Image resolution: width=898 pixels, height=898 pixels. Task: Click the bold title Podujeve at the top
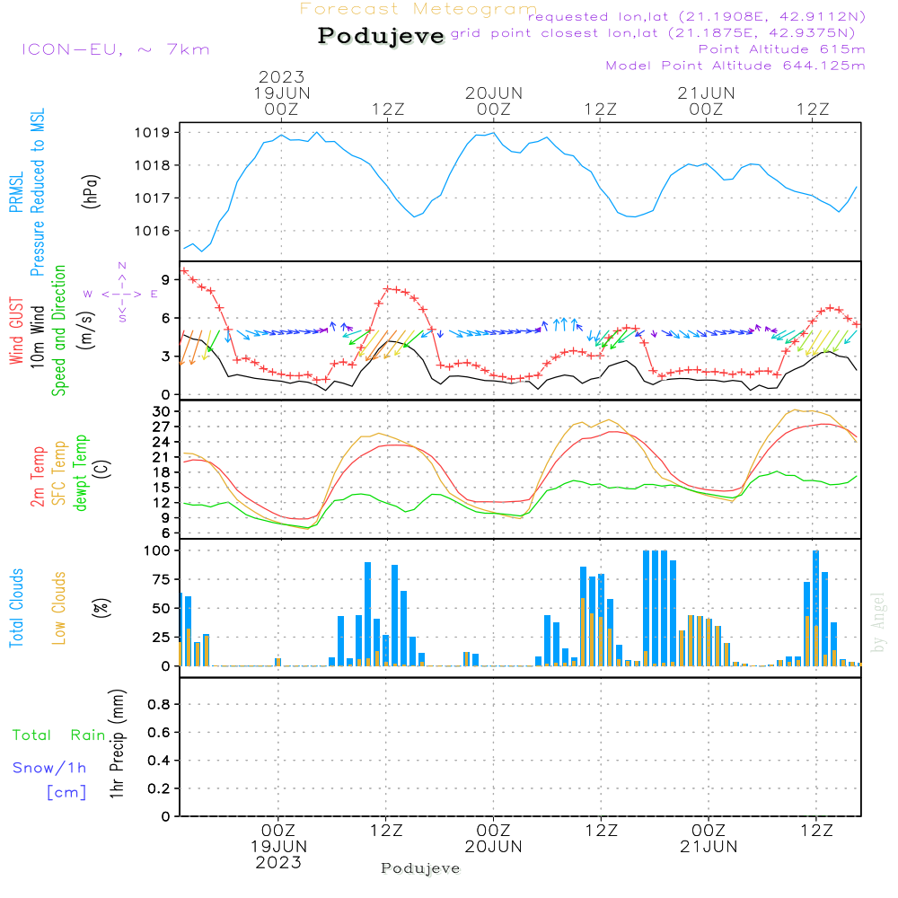pos(381,36)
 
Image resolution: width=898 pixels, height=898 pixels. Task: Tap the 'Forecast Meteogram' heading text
pos(418,9)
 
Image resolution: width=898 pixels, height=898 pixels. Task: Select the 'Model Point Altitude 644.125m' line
pos(735,66)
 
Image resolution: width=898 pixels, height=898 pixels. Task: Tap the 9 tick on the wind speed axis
pos(165,279)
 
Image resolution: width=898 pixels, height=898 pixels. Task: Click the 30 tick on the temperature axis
pos(162,411)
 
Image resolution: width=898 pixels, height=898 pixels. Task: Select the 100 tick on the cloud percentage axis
pos(158,550)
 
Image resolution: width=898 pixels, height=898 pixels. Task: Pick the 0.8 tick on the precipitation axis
pos(158,705)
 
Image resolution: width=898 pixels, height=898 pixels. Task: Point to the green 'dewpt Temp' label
pos(82,472)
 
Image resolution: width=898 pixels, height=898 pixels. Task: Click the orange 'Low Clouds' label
pos(59,608)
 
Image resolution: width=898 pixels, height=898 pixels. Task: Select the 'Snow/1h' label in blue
pos(49,768)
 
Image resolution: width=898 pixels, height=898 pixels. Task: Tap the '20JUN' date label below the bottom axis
pos(494,847)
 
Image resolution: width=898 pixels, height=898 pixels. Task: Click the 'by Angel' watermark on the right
pos(878,622)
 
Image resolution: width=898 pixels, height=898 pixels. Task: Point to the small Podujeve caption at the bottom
pos(420,868)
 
